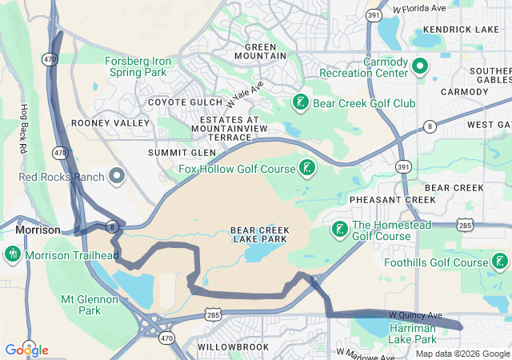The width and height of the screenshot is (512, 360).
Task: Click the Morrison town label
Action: pos(38,230)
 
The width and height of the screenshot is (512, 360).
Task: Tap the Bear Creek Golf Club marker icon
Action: pos(300,102)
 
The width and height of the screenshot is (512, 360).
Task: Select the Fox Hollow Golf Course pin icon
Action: pos(306,167)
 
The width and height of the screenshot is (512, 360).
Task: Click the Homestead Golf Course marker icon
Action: pos(339,230)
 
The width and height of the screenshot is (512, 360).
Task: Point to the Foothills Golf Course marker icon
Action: pos(500,262)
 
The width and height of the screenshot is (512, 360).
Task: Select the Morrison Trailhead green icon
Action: pos(13,255)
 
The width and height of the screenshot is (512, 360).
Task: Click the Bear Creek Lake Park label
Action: pos(260,235)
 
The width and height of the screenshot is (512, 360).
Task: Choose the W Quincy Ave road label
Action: pos(416,315)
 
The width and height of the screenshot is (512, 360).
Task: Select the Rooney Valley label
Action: pos(110,123)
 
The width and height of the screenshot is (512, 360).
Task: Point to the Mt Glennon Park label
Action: pos(90,305)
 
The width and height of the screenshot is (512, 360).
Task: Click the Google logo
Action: pos(26,350)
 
